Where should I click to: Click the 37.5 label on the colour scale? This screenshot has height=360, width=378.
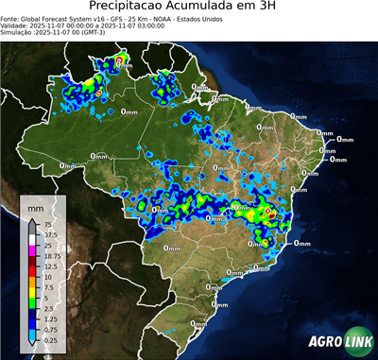coord(50,234)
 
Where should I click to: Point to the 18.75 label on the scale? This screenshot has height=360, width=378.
coord(52,256)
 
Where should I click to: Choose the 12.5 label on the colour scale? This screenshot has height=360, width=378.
coord(50,266)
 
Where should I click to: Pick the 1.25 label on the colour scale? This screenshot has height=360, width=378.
coord(50,320)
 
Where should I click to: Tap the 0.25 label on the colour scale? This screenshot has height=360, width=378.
coord(50,341)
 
